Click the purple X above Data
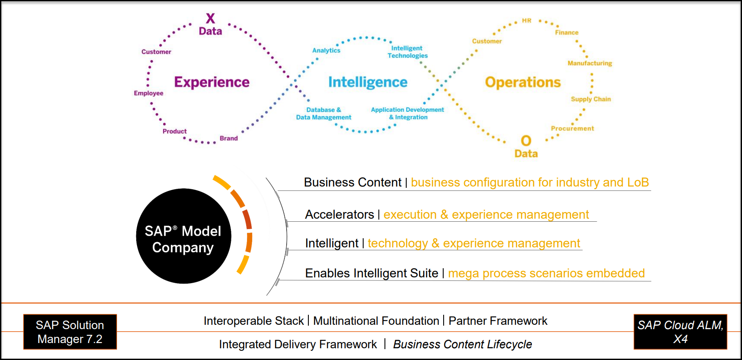[211, 18]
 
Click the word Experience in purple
[212, 82]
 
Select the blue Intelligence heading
[368, 82]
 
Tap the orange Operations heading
[523, 83]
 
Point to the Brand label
[229, 138]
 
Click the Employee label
[148, 93]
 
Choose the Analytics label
[326, 50]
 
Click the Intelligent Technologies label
[408, 52]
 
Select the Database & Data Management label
[324, 113]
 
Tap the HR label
[527, 20]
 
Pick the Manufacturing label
[590, 63]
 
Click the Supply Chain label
[591, 99]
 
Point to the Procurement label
[572, 129]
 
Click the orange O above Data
[526, 141]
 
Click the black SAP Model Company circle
[184, 236]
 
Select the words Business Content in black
[352, 183]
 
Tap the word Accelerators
[340, 215]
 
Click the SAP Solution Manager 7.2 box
[70, 332]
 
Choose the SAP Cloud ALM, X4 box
[680, 332]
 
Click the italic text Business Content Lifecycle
[462, 344]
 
